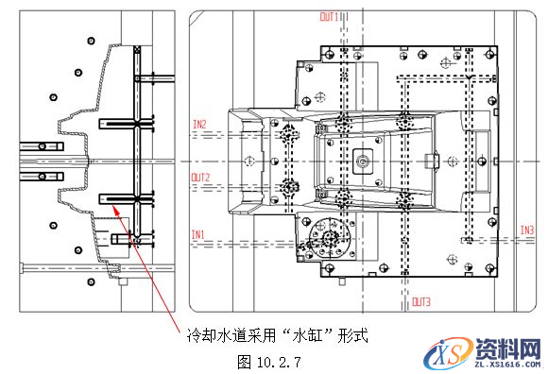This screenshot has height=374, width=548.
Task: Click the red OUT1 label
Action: [330, 17]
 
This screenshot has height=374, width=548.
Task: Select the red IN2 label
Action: [199, 124]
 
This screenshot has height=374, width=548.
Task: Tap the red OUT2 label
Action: [199, 177]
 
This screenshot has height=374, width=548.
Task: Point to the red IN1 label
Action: [198, 233]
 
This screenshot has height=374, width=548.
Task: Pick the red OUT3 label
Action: [421, 302]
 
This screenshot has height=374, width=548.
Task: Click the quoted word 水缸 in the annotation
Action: [303, 335]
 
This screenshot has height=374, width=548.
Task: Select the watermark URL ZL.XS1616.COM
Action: [506, 363]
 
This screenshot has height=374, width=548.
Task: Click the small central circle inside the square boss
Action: [362, 161]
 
